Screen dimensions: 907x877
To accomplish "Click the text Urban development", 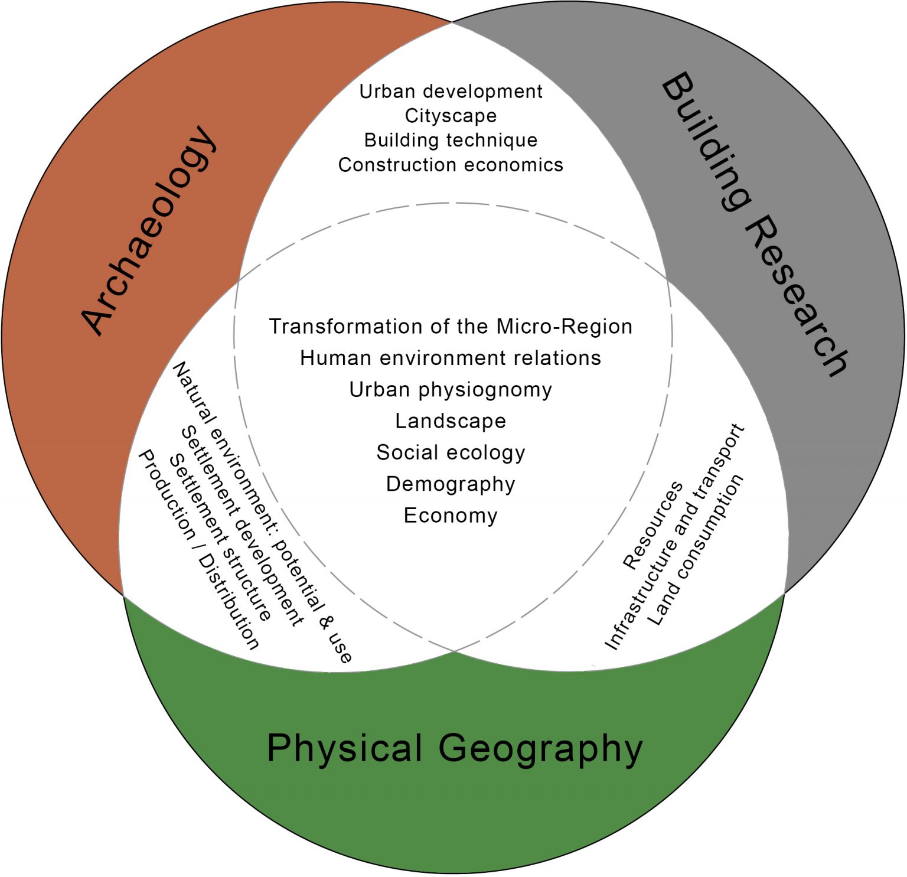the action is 451,92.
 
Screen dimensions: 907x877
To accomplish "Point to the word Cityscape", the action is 451,116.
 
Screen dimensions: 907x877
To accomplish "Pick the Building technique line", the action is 451,140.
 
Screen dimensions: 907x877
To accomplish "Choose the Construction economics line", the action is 451,165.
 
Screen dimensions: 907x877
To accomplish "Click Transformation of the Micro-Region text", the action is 451,327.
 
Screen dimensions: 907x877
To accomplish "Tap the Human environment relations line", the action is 451,358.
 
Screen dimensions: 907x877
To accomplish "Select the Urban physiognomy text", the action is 451,390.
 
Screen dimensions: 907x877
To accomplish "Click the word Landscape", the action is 451,421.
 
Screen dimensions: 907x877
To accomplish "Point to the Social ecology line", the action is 451,453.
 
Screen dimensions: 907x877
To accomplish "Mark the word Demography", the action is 451,484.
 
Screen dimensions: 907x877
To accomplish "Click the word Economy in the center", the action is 451,516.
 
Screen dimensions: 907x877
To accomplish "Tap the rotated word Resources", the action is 652,526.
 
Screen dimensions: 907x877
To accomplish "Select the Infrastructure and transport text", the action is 675,537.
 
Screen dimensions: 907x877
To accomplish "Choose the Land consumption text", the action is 695,550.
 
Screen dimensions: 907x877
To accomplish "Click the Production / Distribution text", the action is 198,550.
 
